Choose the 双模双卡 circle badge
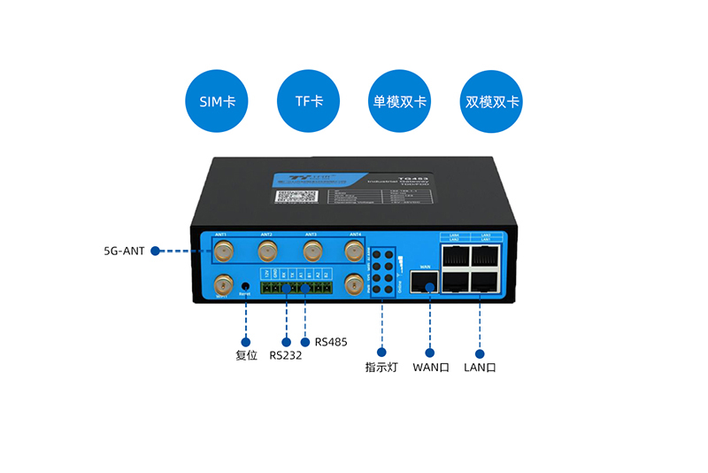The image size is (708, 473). (x=492, y=102)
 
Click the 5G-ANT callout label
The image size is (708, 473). (x=124, y=251)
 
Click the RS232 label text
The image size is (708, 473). (x=285, y=355)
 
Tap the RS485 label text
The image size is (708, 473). (x=332, y=341)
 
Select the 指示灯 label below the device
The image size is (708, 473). (x=382, y=368)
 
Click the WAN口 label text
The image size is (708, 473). (x=431, y=368)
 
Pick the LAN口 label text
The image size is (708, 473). (x=480, y=368)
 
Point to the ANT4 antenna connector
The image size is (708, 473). (x=354, y=250)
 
